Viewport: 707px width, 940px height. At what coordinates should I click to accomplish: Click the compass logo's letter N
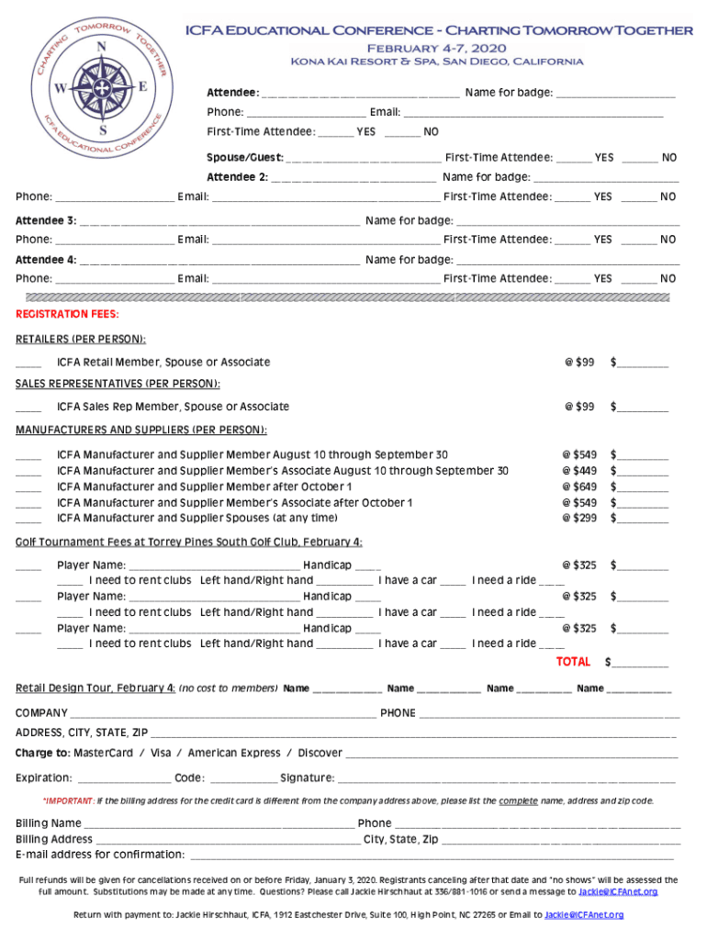tap(101, 48)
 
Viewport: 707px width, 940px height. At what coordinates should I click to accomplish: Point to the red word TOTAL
tap(573, 662)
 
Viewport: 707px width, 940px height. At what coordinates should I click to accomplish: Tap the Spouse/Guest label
tap(244, 158)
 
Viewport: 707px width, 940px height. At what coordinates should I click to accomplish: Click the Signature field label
tap(307, 778)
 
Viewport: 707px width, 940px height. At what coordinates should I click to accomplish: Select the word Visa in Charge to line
tap(161, 753)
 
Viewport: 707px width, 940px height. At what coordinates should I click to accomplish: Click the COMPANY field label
tap(41, 713)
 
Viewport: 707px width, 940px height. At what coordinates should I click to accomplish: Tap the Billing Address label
tap(54, 839)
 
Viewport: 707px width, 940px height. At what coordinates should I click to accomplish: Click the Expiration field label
tap(43, 778)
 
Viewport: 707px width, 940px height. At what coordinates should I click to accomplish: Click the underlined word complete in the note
tap(518, 800)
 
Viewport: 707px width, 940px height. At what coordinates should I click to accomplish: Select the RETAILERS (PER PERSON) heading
tap(81, 340)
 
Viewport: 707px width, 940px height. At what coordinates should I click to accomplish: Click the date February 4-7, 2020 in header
tap(437, 47)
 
